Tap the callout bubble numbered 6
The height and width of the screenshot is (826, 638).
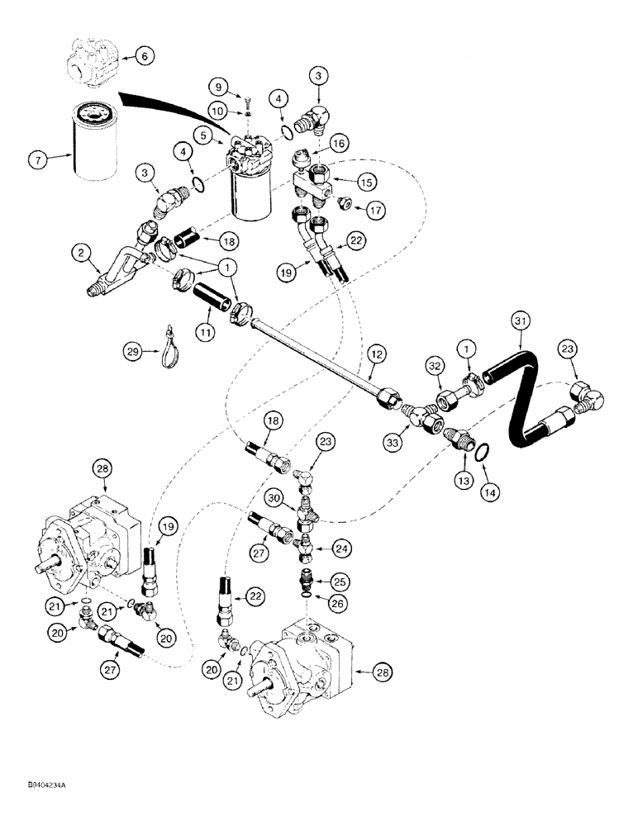pyautogui.click(x=143, y=56)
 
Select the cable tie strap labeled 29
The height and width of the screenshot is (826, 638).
pyautogui.click(x=172, y=344)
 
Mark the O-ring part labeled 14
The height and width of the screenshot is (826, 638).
pyautogui.click(x=486, y=451)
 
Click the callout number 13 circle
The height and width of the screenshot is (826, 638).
pyautogui.click(x=465, y=478)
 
